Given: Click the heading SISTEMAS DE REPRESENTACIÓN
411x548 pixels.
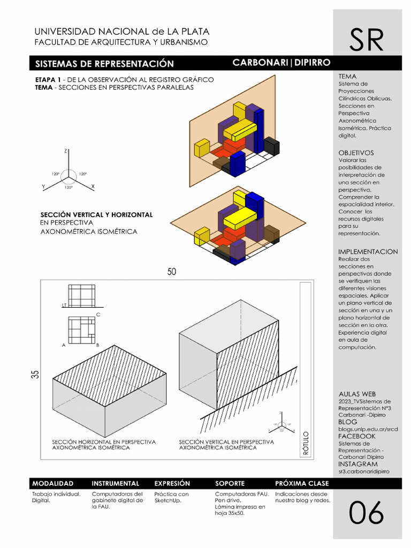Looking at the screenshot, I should click(104, 64).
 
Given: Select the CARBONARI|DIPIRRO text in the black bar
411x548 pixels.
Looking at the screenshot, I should click(281, 63).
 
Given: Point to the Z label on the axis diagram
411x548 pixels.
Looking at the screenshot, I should click(65, 151).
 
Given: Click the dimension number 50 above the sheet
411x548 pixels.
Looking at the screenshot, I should click(171, 272).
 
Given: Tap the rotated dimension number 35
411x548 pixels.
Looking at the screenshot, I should click(35, 374).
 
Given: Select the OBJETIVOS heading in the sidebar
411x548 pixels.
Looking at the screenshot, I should click(356, 153).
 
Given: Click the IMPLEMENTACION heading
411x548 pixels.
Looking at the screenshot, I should click(368, 252).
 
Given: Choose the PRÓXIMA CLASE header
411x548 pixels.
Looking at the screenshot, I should click(302, 483).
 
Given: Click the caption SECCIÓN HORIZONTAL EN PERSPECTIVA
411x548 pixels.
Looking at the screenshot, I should click(104, 442).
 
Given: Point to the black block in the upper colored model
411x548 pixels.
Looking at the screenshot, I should click(271, 146).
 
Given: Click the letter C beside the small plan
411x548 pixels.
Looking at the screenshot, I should click(98, 315).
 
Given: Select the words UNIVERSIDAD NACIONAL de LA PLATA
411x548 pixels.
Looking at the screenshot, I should click(122, 32).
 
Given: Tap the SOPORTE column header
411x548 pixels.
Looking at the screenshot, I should click(230, 483).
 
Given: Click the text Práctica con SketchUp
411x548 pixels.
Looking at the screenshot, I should click(171, 497).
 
